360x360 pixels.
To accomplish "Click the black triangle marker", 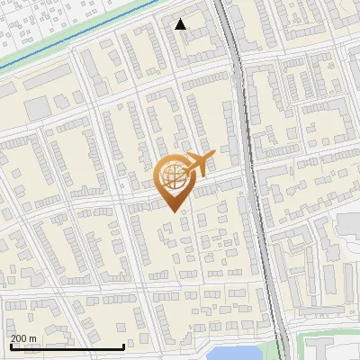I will click(181, 24).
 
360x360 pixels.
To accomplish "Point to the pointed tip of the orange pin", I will click(173, 211).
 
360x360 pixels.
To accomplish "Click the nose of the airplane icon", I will click(215, 157).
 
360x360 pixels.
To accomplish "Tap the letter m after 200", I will click(32, 338).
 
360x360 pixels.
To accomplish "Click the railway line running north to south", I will click(255, 180).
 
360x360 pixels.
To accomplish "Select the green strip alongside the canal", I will click(54, 49).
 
